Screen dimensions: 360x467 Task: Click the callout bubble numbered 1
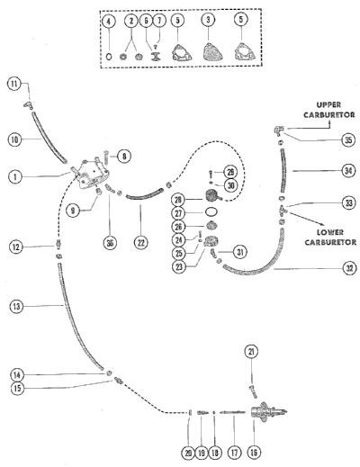click(15, 176)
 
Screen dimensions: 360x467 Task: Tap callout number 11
click(14, 84)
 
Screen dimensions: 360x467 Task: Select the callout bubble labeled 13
click(16, 307)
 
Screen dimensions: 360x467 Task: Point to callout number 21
click(251, 351)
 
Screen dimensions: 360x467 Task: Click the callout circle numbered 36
click(110, 243)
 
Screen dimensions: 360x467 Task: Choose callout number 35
click(348, 139)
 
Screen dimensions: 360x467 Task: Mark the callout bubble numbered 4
click(109, 21)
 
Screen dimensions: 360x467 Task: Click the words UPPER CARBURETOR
click(329, 110)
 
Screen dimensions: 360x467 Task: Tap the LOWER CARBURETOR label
click(330, 237)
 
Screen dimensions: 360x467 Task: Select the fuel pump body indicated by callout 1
click(89, 174)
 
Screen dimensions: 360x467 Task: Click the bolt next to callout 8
click(105, 156)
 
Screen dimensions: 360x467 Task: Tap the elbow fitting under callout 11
click(28, 105)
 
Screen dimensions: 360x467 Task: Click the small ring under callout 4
click(109, 57)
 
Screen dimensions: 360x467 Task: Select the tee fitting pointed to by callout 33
click(283, 210)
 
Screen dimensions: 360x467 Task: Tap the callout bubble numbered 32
click(350, 268)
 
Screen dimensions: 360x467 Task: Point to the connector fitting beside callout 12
click(58, 243)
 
